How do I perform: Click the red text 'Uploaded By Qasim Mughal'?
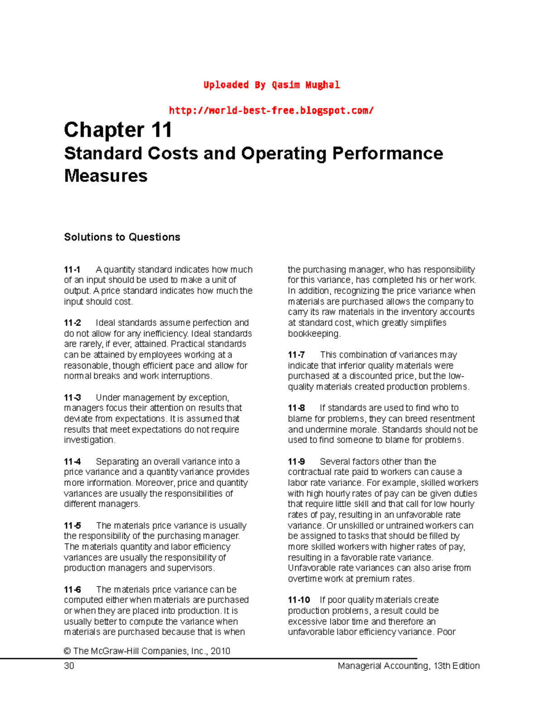[271, 85]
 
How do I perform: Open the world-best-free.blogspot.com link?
[271, 110]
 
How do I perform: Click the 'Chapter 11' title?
[118, 130]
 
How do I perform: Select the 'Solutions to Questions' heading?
[122, 237]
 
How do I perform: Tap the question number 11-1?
[72, 270]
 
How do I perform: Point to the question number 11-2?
[73, 323]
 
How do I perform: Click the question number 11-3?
[73, 398]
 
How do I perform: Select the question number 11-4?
[73, 461]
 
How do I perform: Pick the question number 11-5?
[73, 525]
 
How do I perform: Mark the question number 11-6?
[73, 589]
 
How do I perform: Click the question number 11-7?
[296, 355]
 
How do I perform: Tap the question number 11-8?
[296, 408]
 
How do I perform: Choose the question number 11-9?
[296, 461]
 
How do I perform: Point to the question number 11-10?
[299, 600]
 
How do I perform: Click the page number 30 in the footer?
[69, 665]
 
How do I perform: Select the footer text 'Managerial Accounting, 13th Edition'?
[408, 665]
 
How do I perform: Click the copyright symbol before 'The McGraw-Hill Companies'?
[67, 651]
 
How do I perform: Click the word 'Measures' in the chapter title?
[106, 176]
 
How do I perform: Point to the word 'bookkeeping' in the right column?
[313, 334]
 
